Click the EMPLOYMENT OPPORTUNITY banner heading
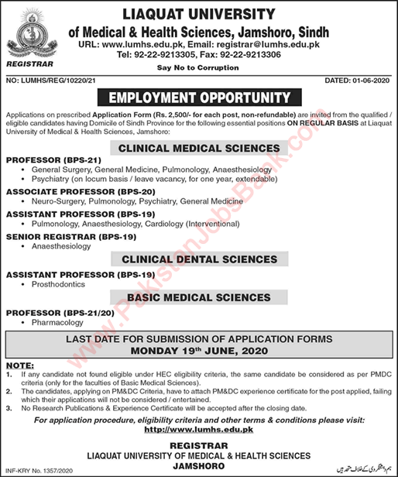199,98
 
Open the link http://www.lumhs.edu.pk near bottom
199,430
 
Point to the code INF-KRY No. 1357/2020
42,469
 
